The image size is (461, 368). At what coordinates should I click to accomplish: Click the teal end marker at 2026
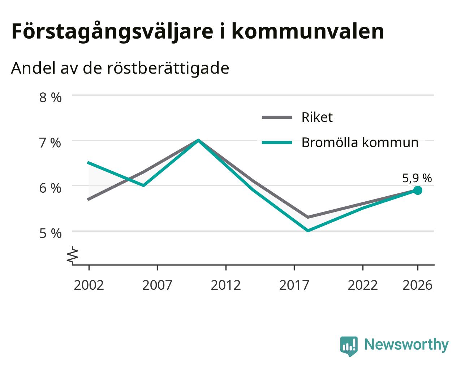tap(418, 190)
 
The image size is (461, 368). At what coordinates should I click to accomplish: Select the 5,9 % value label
tap(417, 178)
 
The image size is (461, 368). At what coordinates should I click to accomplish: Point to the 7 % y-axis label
tap(50, 143)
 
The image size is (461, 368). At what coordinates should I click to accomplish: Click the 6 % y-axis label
tap(50, 188)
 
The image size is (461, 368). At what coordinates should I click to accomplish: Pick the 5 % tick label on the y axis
tap(50, 233)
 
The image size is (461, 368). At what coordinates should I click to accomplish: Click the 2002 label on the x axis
tap(89, 285)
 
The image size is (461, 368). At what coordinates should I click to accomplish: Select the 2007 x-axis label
tap(157, 285)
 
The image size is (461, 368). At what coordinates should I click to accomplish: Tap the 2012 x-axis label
tap(226, 285)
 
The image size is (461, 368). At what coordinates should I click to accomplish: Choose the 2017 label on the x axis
tap(294, 285)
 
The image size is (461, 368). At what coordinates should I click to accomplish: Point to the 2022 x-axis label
tap(363, 285)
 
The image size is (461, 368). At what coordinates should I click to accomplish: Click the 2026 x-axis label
tap(418, 285)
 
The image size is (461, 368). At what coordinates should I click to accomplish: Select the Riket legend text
tap(317, 117)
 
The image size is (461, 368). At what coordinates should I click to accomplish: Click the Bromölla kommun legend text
tap(360, 143)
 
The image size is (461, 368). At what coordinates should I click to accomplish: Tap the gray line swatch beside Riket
tap(277, 117)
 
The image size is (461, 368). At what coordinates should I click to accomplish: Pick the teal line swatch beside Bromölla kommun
tap(277, 143)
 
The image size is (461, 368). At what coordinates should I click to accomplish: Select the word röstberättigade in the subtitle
tap(168, 68)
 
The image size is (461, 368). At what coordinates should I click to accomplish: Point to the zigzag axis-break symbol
tap(73, 255)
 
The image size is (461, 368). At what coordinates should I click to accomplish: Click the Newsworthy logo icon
tap(349, 345)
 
